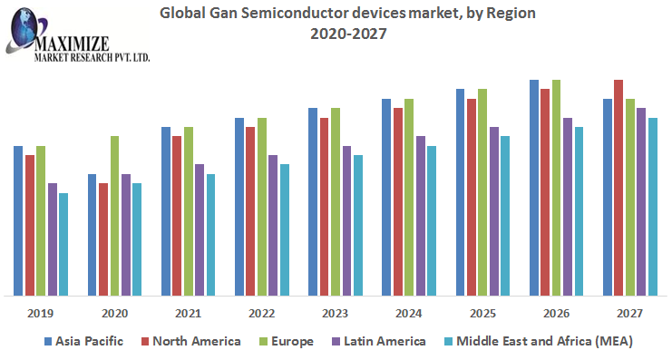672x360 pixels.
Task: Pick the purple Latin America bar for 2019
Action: [53, 239]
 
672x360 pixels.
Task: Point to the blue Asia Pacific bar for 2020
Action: [93, 235]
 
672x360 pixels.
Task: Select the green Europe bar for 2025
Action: [482, 192]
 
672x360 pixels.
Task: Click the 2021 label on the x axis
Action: [188, 313]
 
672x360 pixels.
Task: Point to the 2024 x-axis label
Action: [408, 313]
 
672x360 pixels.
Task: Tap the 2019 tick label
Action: [41, 313]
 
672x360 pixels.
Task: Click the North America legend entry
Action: [190, 342]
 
